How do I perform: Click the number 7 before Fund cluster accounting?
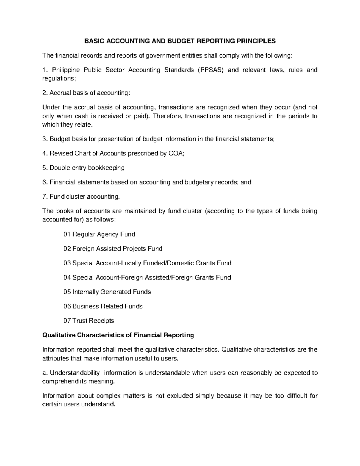(44, 197)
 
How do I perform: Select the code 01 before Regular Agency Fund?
(67, 234)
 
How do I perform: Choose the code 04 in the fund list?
(67, 278)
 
